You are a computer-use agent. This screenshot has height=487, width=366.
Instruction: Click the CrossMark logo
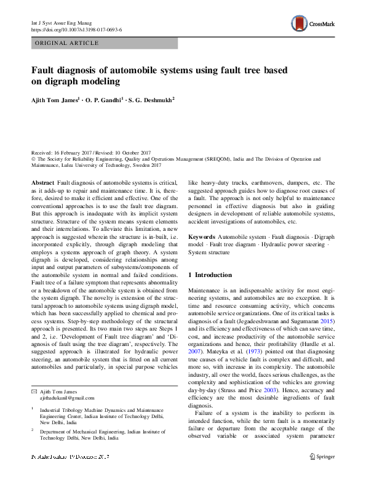tap(312, 24)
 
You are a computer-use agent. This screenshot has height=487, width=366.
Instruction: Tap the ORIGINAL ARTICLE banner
tap(67, 43)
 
